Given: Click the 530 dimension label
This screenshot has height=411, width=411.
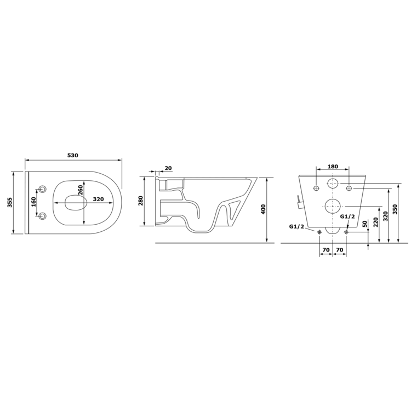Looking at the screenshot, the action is tap(73, 156).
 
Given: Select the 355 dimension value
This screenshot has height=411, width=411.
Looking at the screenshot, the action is tap(10, 202).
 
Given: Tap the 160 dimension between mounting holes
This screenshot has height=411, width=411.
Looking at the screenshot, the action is tap(34, 202).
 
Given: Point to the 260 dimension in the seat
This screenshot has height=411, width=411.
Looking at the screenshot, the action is tap(80, 190).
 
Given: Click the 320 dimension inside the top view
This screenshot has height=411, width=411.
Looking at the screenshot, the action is tap(98, 199).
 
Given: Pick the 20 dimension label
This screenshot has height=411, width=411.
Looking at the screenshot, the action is tap(168, 168).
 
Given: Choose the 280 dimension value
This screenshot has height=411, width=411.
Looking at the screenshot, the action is tap(141, 201).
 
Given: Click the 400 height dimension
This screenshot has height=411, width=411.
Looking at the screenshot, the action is tap(264, 209).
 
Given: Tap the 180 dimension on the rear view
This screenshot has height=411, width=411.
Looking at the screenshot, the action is tap(333, 167).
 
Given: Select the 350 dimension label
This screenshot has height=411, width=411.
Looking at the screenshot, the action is tap(395, 209).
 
